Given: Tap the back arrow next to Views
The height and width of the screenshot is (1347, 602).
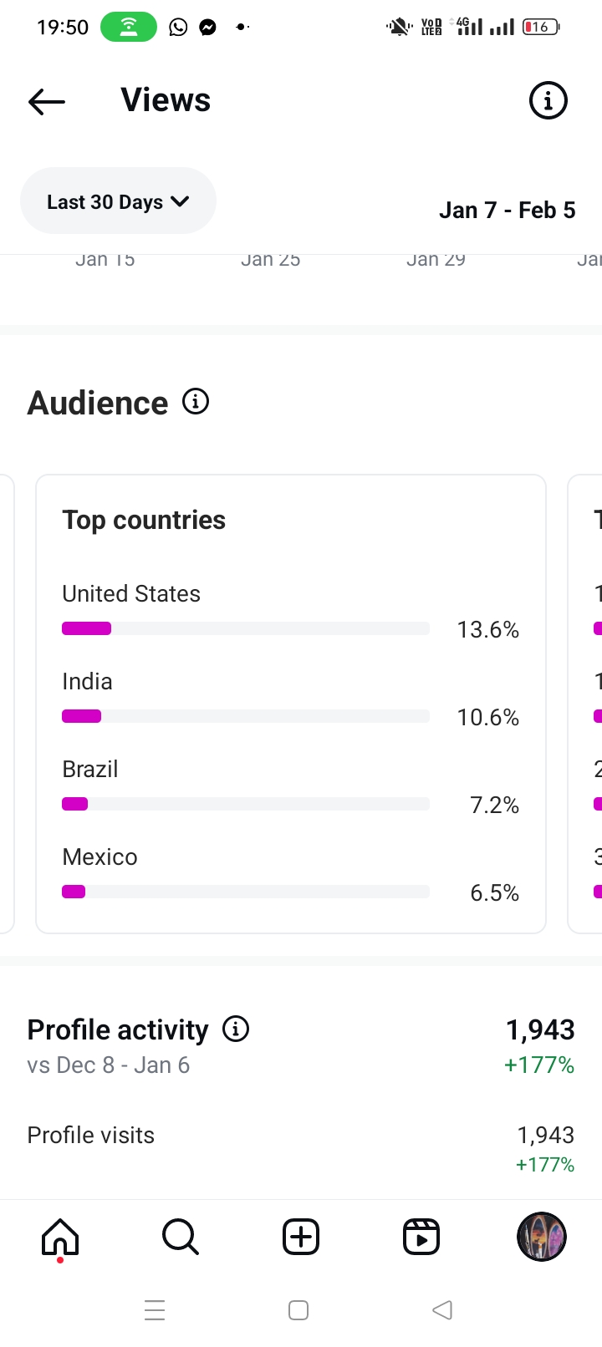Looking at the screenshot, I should click(x=47, y=101).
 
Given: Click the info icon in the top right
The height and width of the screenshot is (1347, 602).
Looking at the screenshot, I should click(x=548, y=101).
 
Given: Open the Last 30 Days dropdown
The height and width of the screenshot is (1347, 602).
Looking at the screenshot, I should click(x=118, y=201).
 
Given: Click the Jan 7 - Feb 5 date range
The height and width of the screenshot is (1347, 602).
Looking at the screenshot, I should click(x=507, y=210).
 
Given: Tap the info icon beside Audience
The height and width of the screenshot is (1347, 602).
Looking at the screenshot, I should click(x=196, y=402).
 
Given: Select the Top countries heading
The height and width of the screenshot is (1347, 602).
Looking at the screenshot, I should click(x=144, y=520).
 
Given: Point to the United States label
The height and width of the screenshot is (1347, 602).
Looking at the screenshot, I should click(x=131, y=594).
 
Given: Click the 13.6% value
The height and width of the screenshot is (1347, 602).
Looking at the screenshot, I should click(x=487, y=629).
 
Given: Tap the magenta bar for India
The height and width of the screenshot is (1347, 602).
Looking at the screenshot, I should click(x=82, y=716).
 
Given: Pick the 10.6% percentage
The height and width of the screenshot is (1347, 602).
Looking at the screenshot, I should click(x=487, y=717).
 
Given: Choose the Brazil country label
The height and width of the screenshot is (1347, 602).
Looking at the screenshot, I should click(x=90, y=769).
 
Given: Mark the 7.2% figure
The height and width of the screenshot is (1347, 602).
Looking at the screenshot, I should click(x=494, y=805).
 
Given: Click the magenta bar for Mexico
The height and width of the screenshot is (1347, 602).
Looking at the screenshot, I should click(x=74, y=892).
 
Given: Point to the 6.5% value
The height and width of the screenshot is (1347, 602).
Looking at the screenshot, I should click(x=494, y=892).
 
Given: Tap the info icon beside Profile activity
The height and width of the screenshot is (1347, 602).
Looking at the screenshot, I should click(x=236, y=1029).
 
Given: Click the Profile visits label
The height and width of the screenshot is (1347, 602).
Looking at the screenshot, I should click(x=91, y=1135).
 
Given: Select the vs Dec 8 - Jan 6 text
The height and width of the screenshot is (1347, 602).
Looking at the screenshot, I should click(x=109, y=1065).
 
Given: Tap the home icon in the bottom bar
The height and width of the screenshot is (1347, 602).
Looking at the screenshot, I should click(x=60, y=1237).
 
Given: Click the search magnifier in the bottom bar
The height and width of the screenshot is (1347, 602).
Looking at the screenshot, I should click(x=181, y=1237).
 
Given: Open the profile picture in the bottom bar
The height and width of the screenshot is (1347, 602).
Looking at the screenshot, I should click(x=542, y=1237).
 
